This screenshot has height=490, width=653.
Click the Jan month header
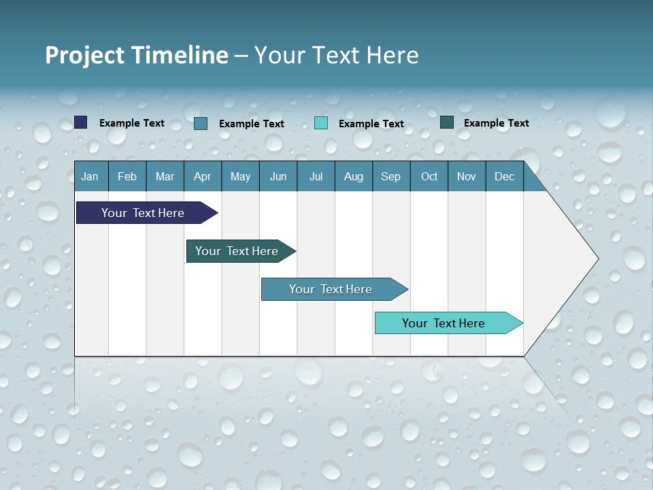pos(90,176)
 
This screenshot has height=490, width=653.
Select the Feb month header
pos(127,176)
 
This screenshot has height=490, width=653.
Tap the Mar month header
pos(165,176)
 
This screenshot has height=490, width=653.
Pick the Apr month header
pos(203,176)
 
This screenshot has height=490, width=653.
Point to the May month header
pos(240,176)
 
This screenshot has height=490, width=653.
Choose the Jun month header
pos(278,176)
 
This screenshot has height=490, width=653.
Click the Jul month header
pos(316,176)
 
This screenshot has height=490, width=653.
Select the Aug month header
pos(354,176)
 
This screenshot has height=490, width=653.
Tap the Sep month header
pos(391,176)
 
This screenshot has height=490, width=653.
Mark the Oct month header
pos(429,176)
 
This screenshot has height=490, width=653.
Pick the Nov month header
pos(467,176)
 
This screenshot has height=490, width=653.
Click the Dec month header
pos(505,176)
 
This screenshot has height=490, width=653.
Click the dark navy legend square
pos(81,122)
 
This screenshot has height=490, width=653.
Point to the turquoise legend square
pos(321,123)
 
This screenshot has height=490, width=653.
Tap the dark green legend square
pos(447,122)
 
